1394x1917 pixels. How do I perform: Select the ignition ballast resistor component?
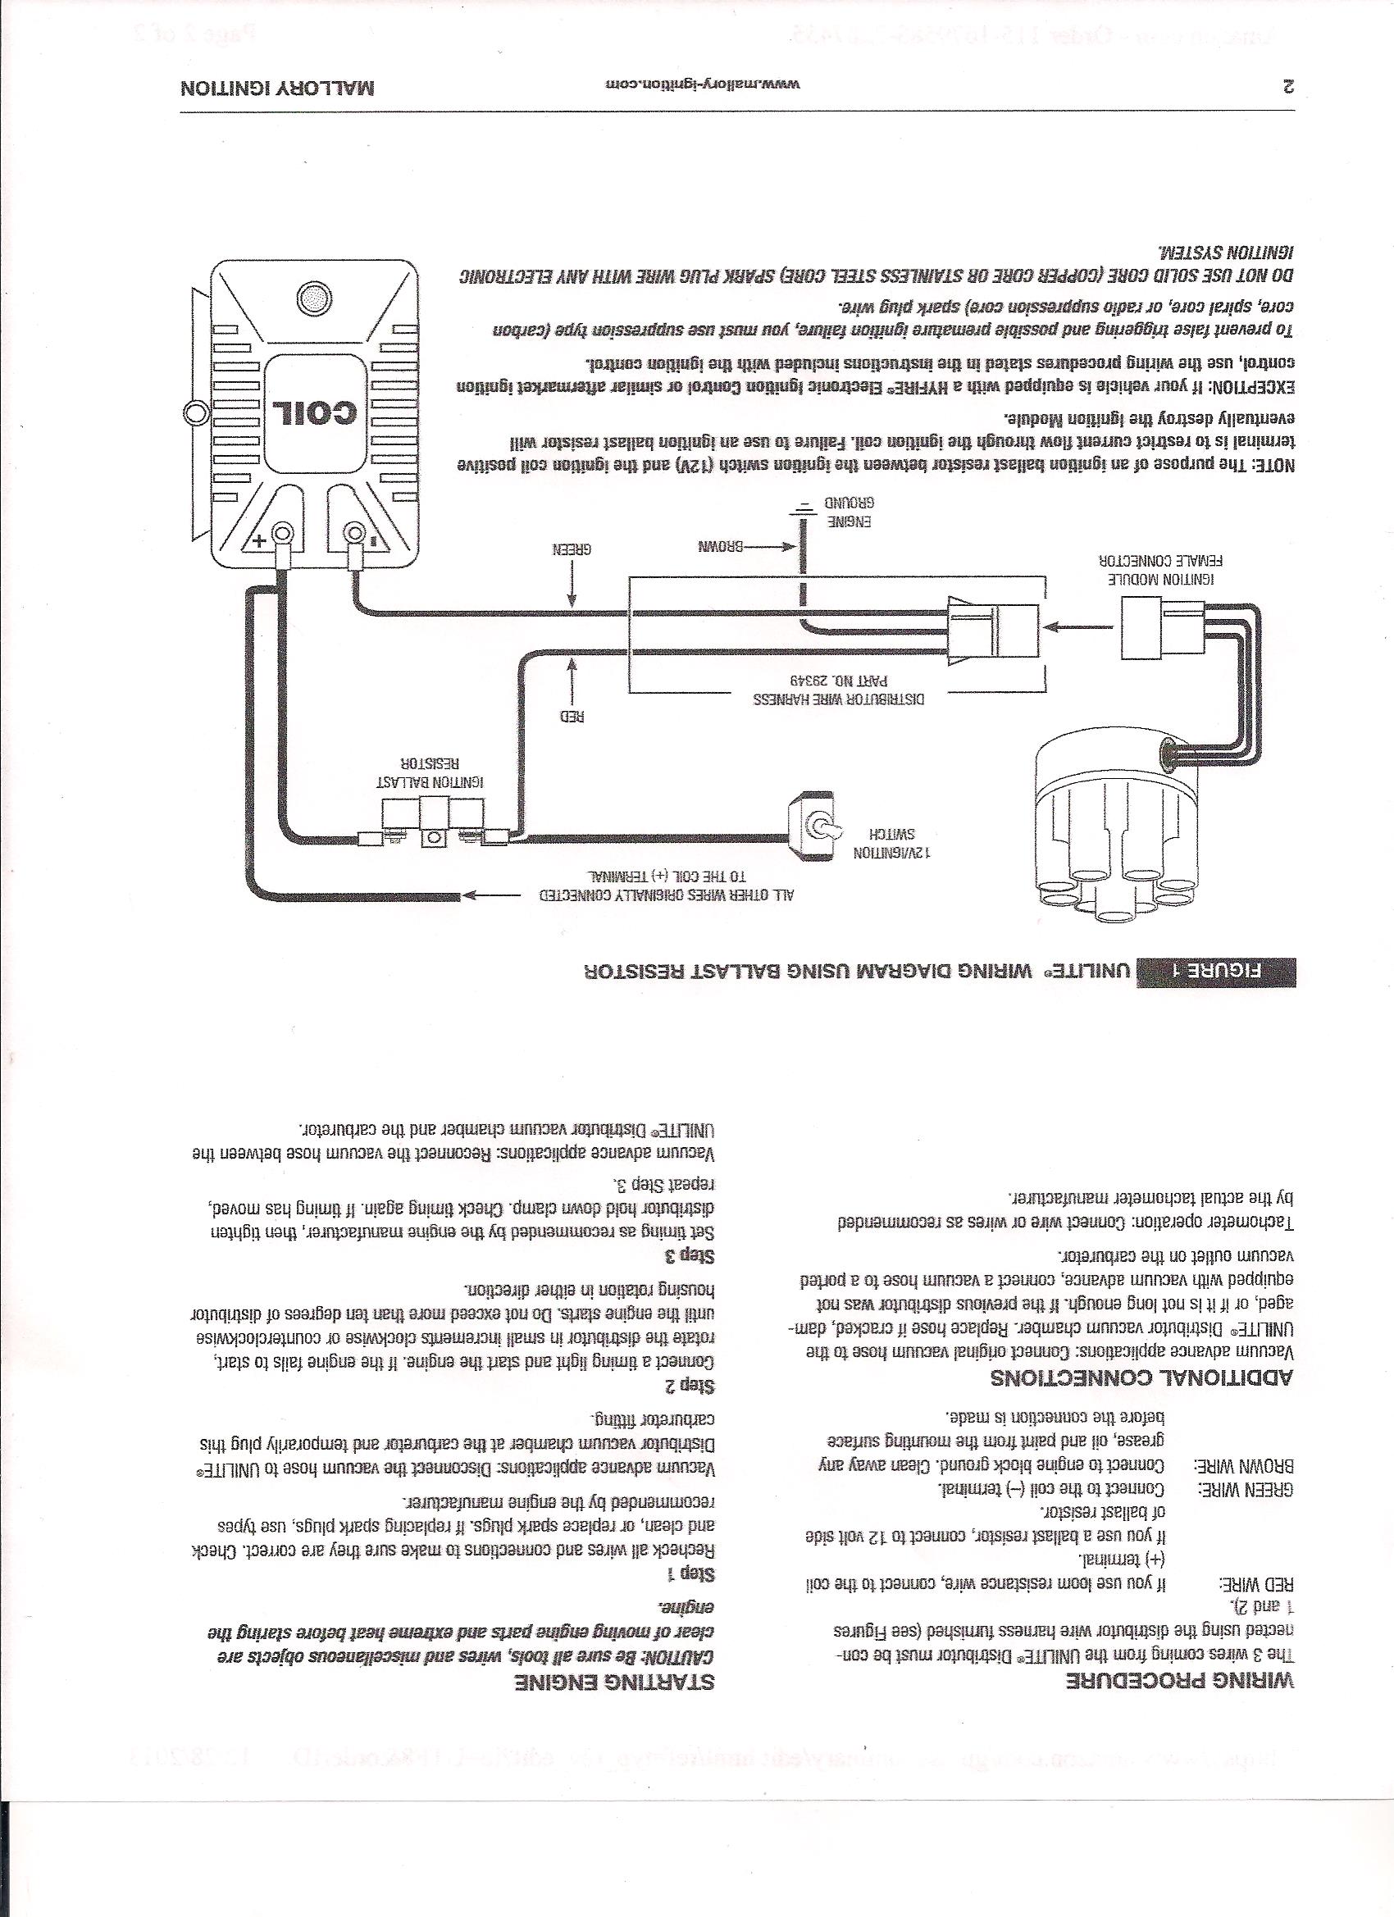click(x=432, y=824)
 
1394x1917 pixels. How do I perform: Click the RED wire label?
click(x=572, y=717)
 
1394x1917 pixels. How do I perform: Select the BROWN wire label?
click(x=718, y=545)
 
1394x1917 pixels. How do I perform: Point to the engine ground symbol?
click(x=804, y=505)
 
